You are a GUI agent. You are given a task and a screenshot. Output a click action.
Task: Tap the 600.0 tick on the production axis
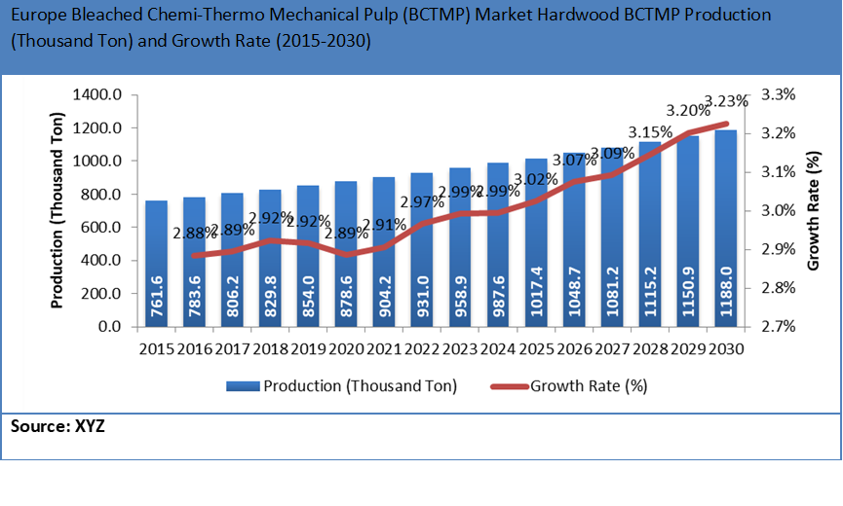point(100,228)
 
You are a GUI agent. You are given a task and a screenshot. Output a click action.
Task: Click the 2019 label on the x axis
point(308,348)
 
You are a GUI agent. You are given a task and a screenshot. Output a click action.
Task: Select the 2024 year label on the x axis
point(498,348)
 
